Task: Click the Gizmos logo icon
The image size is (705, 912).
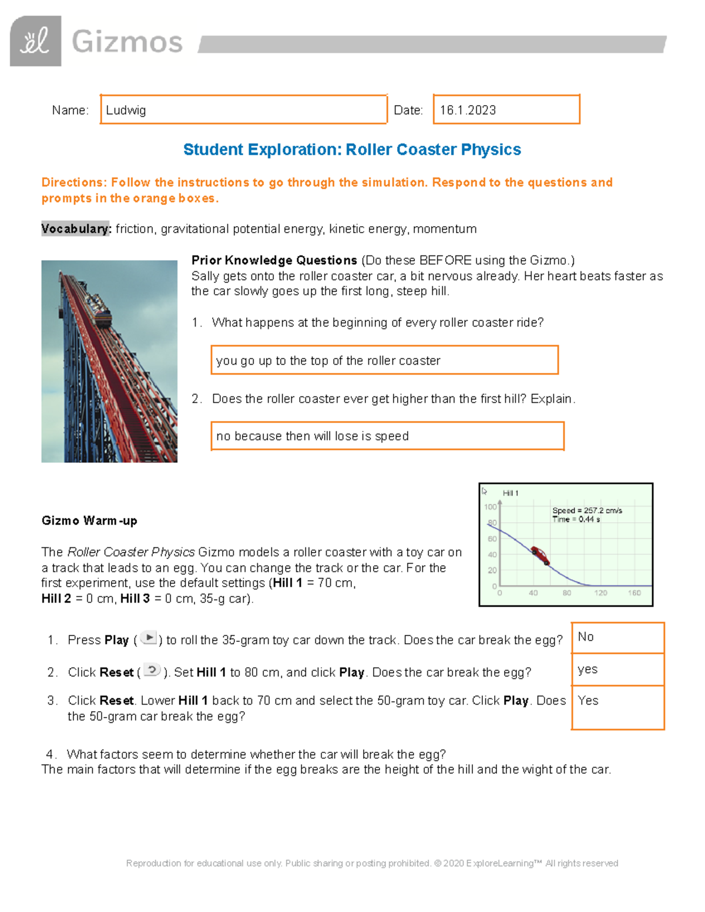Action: coord(35,41)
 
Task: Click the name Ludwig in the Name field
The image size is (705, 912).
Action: coord(126,110)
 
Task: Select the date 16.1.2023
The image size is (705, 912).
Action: coord(468,110)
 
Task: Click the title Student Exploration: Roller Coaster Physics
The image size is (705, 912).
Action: coord(352,150)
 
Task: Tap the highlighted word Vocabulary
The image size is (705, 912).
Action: coord(76,229)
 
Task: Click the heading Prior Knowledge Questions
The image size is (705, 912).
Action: coord(274,260)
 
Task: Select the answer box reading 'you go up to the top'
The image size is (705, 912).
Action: coord(384,361)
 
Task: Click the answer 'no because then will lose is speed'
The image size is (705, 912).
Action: coord(313,436)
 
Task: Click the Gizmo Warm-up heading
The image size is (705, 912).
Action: coord(89,521)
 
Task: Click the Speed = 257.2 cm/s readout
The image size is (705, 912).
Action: coord(587,510)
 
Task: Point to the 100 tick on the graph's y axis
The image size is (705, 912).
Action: coord(490,507)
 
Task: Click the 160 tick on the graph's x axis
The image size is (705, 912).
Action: coord(634,593)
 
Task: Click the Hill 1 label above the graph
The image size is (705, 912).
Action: coord(511,493)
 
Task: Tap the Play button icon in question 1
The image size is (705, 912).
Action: coord(149,638)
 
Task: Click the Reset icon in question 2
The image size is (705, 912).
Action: coord(152,670)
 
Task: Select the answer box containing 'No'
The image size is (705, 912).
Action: coord(617,638)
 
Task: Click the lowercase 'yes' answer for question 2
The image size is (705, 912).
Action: coord(587,669)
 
